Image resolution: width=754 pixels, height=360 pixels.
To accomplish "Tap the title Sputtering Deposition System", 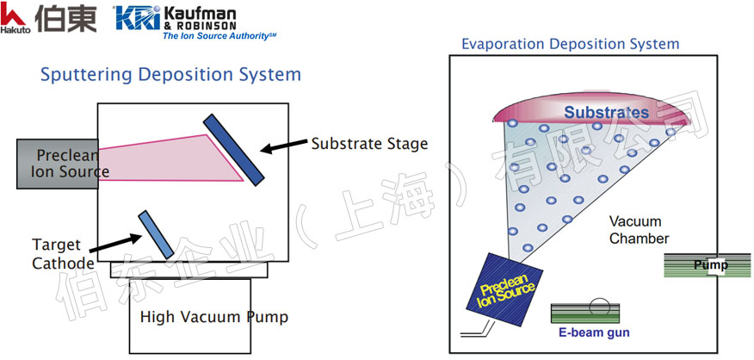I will pos(170,75).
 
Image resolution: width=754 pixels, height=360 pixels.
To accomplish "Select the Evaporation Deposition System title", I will pos(570,44).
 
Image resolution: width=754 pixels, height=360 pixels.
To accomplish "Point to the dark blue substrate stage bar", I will pos(233,148).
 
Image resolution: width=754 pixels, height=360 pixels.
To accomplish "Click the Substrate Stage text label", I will pos(369,144).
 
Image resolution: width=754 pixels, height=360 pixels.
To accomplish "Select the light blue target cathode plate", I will pos(155,233).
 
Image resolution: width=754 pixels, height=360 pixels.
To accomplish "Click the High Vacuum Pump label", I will pos(213,317).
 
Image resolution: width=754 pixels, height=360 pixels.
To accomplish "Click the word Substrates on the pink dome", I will pos(607,113).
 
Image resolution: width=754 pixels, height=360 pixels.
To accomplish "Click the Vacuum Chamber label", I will pos(639,230).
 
